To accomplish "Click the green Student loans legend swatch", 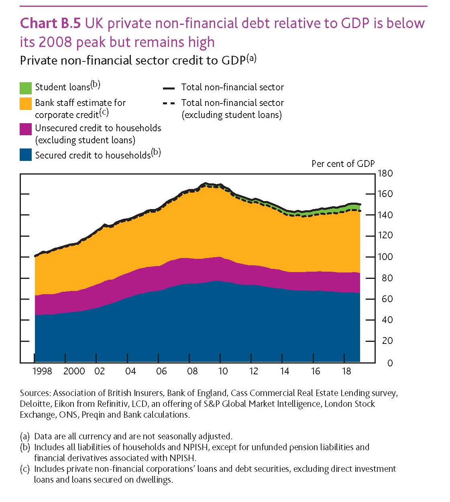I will coord(26,88).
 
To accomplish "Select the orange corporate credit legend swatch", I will coord(26,104).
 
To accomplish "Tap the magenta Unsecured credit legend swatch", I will coord(26,129).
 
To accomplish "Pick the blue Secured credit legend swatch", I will coord(26,155).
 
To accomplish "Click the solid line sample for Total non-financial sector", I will coord(169,88).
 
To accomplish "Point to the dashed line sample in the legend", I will coord(169,104).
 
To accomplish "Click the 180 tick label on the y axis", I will coord(385,174).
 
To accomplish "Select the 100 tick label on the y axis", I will coord(385,257).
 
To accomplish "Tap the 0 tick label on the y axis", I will coord(390,363).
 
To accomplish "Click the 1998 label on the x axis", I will coord(42,371).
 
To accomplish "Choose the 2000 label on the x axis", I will coord(74,371).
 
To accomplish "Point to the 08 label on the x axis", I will coord(192,371).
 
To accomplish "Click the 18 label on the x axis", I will coord(346,371).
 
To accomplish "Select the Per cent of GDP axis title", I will coord(343,164).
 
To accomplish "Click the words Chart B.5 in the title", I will coord(50,23).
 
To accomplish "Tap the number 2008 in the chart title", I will coord(54,42).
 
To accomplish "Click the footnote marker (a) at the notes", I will coord(25,437).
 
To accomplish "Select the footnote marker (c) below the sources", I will coord(25,469).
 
